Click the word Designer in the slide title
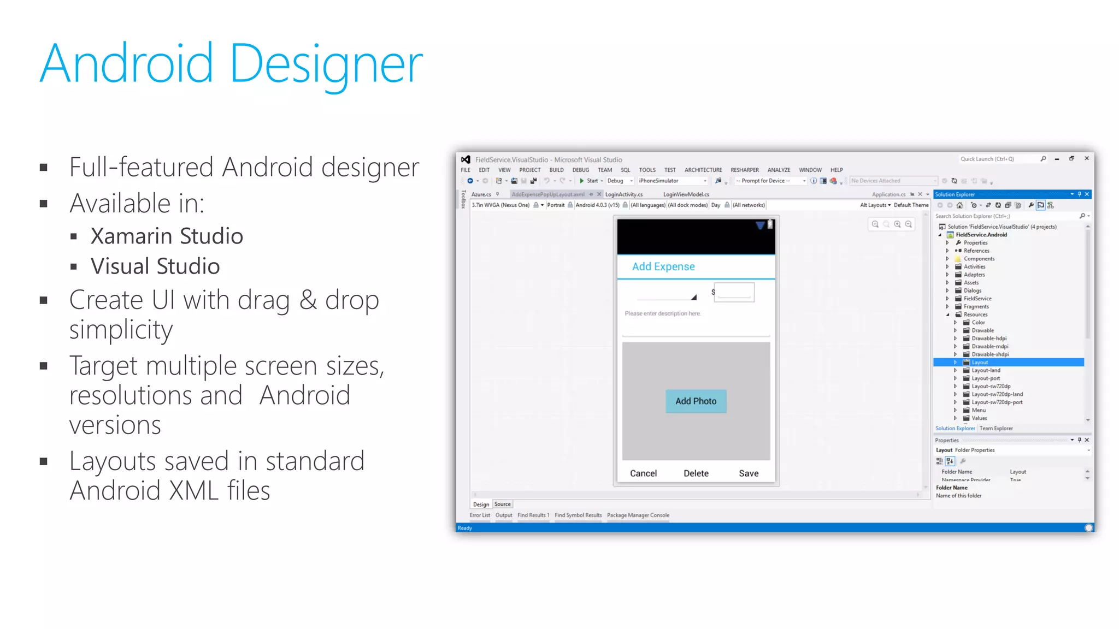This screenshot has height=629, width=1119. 326,64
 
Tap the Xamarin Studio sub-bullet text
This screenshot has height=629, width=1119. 167,236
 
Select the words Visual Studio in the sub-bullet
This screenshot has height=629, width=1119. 155,266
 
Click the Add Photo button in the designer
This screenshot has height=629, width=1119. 696,401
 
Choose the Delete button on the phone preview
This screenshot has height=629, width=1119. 696,473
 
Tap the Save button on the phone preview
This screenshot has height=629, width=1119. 748,473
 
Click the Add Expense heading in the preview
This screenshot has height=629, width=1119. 663,266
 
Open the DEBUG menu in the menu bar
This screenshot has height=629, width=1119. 580,170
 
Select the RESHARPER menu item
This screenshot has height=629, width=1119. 744,170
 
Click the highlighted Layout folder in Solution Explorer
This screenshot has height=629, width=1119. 980,363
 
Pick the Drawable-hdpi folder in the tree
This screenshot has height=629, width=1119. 988,339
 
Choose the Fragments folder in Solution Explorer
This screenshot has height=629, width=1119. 976,306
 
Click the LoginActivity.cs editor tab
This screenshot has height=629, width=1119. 623,194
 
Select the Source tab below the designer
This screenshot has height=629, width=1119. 502,505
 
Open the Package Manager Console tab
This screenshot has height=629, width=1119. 638,515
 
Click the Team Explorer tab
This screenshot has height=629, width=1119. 996,429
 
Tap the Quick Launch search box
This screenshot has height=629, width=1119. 997,159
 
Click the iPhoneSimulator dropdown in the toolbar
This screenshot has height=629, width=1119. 672,181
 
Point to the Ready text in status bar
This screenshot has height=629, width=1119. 465,528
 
